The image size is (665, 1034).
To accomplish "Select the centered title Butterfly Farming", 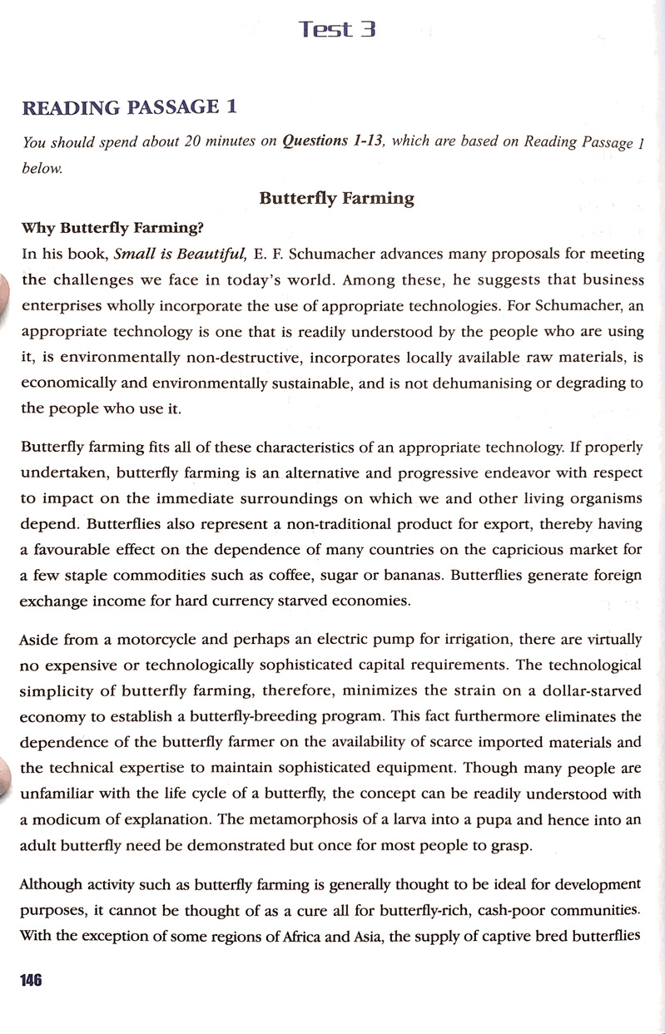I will point(336,198).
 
